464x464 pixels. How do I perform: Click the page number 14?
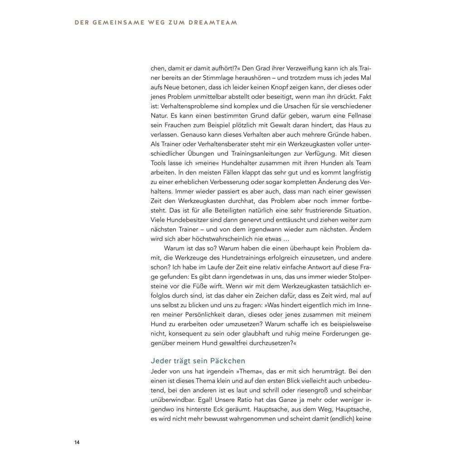coord(77,442)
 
